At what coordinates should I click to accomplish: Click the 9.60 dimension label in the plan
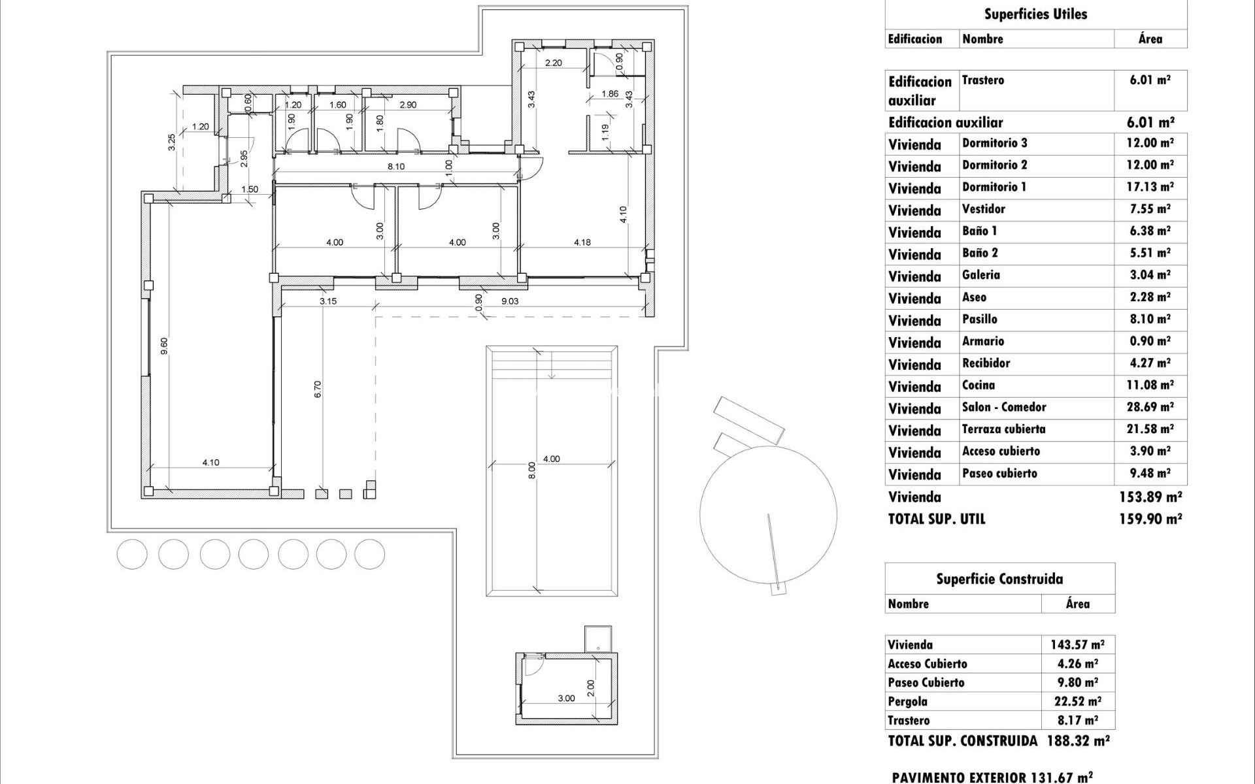click(164, 345)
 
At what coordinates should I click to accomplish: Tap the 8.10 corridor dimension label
click(396, 167)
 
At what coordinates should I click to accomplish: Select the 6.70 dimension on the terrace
click(318, 389)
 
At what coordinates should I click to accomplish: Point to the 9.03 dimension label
click(510, 301)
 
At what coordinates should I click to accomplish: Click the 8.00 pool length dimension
click(531, 470)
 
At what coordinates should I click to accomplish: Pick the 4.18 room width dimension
click(582, 242)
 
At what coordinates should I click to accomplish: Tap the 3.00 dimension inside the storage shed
click(566, 698)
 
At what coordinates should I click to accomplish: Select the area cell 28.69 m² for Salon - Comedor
click(1150, 408)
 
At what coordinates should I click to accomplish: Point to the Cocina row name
click(979, 385)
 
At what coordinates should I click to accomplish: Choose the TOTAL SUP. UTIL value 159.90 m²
click(1150, 519)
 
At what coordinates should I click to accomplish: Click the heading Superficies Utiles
click(1035, 14)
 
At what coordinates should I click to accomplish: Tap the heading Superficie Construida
click(999, 579)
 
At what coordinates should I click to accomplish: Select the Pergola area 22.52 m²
click(1076, 702)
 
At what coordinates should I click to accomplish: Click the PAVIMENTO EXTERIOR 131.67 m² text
click(992, 777)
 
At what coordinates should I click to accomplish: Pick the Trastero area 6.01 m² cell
click(1150, 80)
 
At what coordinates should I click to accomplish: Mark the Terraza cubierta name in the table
click(1003, 429)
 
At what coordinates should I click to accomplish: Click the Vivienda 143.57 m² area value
click(1077, 645)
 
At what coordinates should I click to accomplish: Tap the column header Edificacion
click(915, 39)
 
